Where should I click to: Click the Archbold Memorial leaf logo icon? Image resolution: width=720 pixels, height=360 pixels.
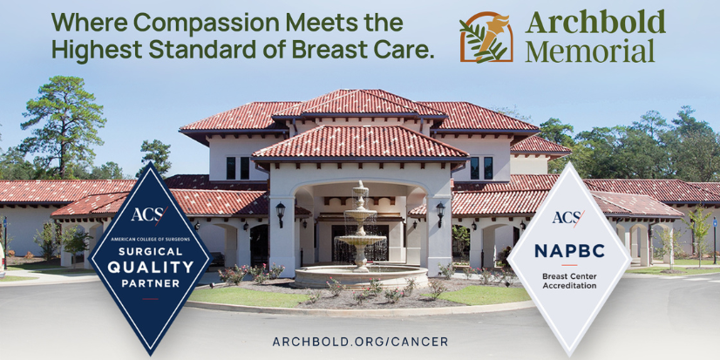(x=486, y=37)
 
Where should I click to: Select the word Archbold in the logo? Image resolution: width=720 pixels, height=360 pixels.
(x=595, y=22)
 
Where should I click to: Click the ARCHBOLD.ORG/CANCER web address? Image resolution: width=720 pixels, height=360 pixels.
(x=360, y=341)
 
